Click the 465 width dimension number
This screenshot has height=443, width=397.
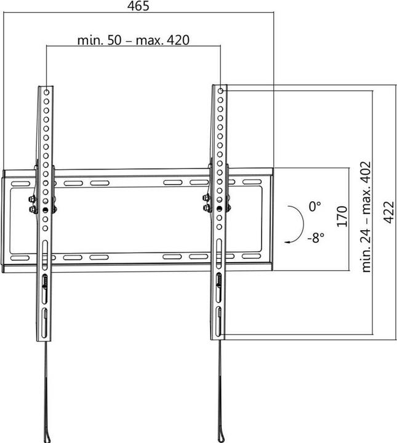[138, 6]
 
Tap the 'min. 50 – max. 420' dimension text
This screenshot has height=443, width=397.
[133, 40]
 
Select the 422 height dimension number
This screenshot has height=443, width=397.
[388, 212]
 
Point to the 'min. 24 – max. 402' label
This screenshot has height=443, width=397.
[367, 216]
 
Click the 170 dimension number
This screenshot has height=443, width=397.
[343, 217]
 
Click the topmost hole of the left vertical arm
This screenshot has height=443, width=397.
[47, 90]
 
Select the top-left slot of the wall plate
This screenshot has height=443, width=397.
[20, 183]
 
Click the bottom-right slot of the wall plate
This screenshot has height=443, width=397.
[251, 255]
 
